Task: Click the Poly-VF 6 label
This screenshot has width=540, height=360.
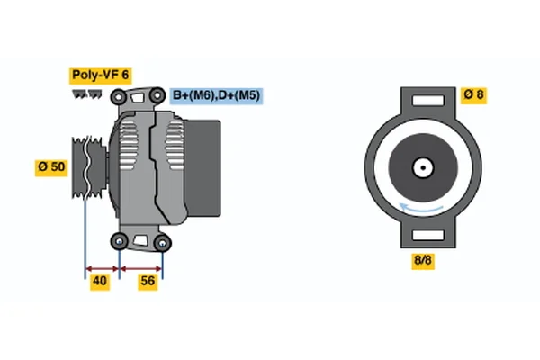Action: [x=100, y=76]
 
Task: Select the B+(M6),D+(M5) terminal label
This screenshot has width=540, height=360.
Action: [x=217, y=95]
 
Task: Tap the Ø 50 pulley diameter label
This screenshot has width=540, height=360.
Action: [x=51, y=167]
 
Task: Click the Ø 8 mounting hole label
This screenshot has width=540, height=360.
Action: [x=474, y=94]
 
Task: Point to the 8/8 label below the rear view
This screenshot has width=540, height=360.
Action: [x=423, y=260]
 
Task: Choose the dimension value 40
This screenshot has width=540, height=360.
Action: [x=100, y=281]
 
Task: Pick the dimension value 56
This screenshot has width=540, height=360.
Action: [x=148, y=281]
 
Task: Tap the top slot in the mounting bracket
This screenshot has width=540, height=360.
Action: [x=428, y=101]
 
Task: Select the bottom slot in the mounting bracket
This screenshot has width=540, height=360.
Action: [x=428, y=235]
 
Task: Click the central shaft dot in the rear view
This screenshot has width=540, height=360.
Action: [x=423, y=167]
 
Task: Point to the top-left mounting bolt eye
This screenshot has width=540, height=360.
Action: [x=119, y=97]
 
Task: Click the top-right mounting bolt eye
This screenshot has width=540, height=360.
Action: [x=157, y=95]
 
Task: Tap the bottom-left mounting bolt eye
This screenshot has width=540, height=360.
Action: [x=119, y=241]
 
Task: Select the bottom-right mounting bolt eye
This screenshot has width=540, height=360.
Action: [x=162, y=243]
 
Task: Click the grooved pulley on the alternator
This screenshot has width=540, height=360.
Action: [x=89, y=167]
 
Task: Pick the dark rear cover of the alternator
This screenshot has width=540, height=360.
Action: [x=202, y=168]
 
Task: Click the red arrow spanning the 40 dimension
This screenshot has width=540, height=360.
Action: [x=102, y=269]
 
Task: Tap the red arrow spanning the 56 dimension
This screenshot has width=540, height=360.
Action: [x=141, y=269]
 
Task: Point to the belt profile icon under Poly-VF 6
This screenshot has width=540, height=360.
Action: [x=86, y=94]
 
